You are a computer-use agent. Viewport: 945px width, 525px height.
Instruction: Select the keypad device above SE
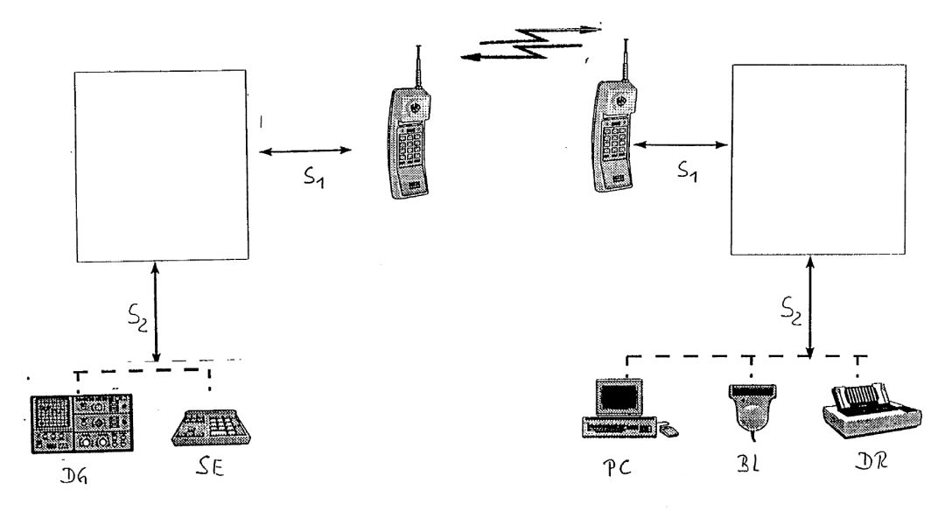point(209,427)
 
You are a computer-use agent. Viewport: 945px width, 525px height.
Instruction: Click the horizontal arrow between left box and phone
point(306,152)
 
